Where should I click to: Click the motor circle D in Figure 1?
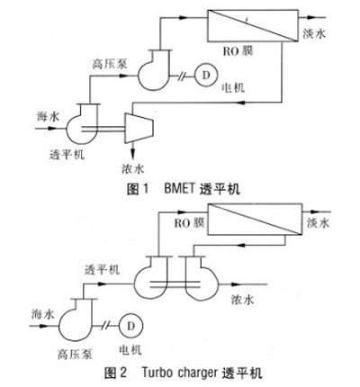pos(206,75)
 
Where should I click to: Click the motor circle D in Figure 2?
pos(130,326)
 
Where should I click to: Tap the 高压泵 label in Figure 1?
pos(110,64)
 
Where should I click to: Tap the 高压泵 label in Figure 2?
pos(75,355)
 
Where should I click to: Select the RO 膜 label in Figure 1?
pos(238,51)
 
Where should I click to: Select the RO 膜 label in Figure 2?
pos(190,223)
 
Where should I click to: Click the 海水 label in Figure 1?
pos(48,116)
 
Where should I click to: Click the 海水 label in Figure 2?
pos(43,314)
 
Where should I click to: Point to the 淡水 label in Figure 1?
pos(314,33)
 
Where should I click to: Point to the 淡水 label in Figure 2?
pos(318,223)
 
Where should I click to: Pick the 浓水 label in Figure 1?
pos(133,168)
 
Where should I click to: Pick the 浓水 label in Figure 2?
pos(242,300)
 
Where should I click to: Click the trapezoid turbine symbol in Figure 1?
pos(139,128)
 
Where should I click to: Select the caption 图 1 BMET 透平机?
pos(184,190)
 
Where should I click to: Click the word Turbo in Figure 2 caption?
pos(157,373)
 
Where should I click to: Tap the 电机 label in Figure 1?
pos(233,87)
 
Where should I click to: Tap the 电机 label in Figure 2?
pos(130,350)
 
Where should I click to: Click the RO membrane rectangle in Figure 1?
pos(253,25)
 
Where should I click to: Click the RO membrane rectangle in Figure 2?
pos(255,219)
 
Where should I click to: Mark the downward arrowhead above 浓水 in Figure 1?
pos(132,152)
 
